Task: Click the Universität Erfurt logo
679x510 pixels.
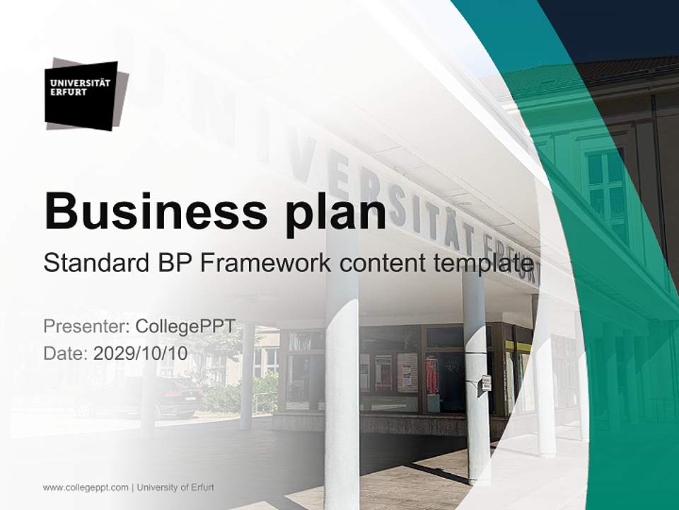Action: pyautogui.click(x=84, y=95)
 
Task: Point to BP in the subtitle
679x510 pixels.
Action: pyautogui.click(x=172, y=263)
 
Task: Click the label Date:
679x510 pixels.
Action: pyautogui.click(x=66, y=353)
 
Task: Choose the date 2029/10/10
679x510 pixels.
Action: pyautogui.click(x=141, y=353)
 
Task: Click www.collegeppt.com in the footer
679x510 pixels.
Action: pyautogui.click(x=86, y=487)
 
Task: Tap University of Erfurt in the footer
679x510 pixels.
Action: pyautogui.click(x=175, y=487)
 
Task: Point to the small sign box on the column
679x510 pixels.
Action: pyautogui.click(x=486, y=383)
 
